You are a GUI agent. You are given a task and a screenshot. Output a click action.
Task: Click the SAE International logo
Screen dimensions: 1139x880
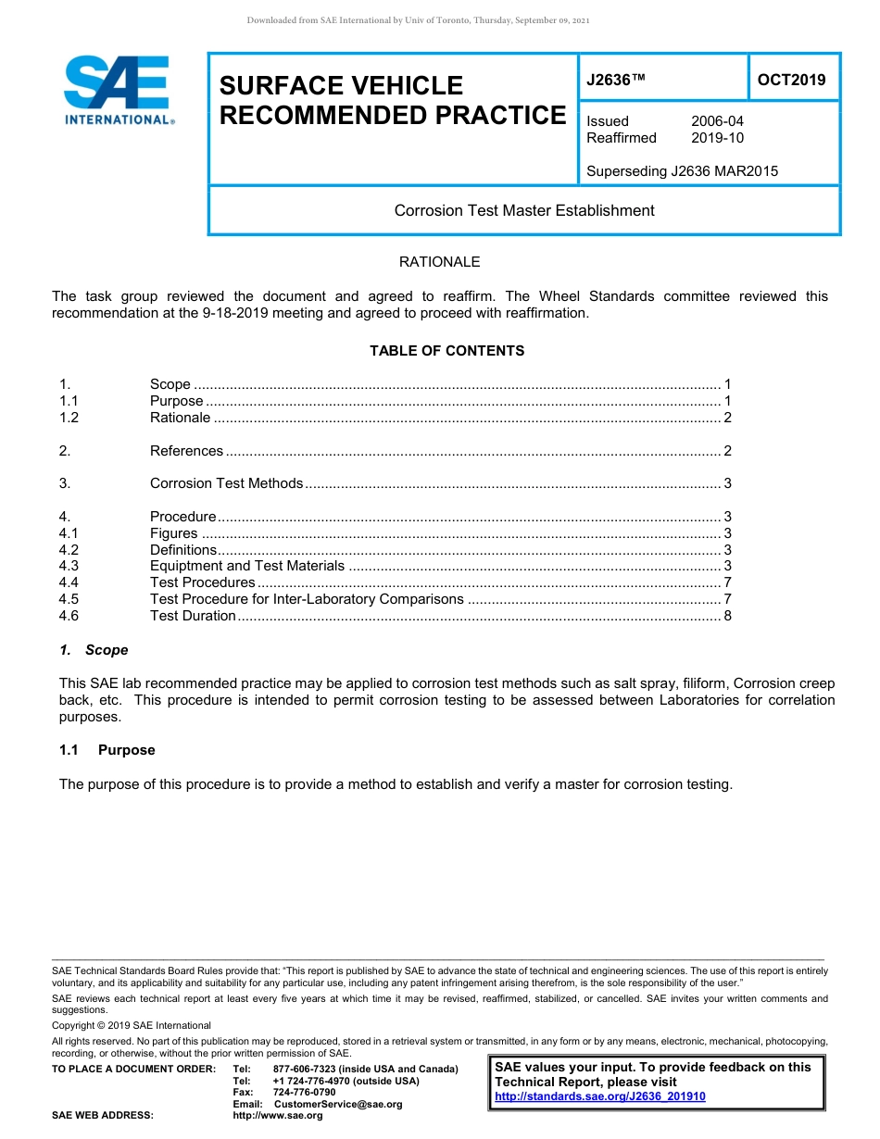click(117, 90)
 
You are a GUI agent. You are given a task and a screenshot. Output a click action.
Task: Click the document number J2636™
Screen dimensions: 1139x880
click(615, 80)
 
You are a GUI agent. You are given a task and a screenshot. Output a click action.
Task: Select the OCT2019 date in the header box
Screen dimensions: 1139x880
click(791, 80)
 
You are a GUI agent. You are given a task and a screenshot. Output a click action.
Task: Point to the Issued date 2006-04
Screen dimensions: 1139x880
click(717, 121)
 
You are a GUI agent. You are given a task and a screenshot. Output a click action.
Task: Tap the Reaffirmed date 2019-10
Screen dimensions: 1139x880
click(717, 138)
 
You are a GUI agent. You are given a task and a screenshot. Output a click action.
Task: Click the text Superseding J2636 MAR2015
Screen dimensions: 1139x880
click(682, 171)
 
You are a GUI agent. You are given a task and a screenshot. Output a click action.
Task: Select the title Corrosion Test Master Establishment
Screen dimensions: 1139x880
click(524, 210)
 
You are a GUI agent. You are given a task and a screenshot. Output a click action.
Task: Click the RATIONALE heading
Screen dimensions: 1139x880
click(439, 262)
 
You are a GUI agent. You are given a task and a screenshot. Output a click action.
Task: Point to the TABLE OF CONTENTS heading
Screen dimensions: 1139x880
click(446, 351)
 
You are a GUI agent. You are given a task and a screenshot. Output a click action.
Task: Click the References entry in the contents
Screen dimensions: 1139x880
click(186, 451)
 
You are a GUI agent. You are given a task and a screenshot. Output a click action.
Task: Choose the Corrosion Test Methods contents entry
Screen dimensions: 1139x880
click(226, 483)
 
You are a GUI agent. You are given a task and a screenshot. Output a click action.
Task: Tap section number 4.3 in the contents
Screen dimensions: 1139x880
click(69, 566)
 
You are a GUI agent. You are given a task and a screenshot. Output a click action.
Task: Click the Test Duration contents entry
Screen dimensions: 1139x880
click(193, 616)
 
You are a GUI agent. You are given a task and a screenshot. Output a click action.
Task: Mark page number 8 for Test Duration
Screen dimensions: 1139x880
click(728, 616)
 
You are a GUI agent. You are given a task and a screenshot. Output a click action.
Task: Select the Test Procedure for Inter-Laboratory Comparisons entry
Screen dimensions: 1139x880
click(307, 599)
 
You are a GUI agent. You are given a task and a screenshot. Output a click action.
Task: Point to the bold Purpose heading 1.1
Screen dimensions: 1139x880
click(126, 750)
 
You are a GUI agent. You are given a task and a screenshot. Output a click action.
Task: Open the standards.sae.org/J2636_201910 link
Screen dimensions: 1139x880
click(600, 1096)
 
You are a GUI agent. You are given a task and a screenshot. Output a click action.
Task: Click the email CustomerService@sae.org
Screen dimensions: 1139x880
click(338, 1104)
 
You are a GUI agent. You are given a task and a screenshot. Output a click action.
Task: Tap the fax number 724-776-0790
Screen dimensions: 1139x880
click(304, 1092)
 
